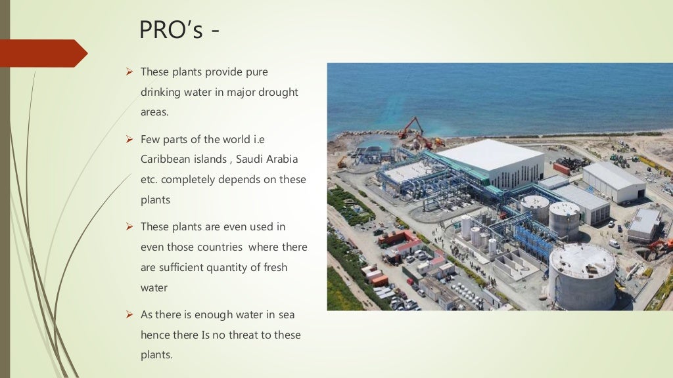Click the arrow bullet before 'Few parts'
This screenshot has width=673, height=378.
[129, 139]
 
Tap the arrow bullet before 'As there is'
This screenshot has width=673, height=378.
[129, 314]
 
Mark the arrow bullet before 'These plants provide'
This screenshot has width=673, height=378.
[129, 72]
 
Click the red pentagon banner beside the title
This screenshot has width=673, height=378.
[42, 53]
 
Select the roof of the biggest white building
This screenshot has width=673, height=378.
[489, 154]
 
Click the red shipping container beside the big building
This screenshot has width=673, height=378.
[561, 169]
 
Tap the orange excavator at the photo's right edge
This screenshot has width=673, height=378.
[661, 246]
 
